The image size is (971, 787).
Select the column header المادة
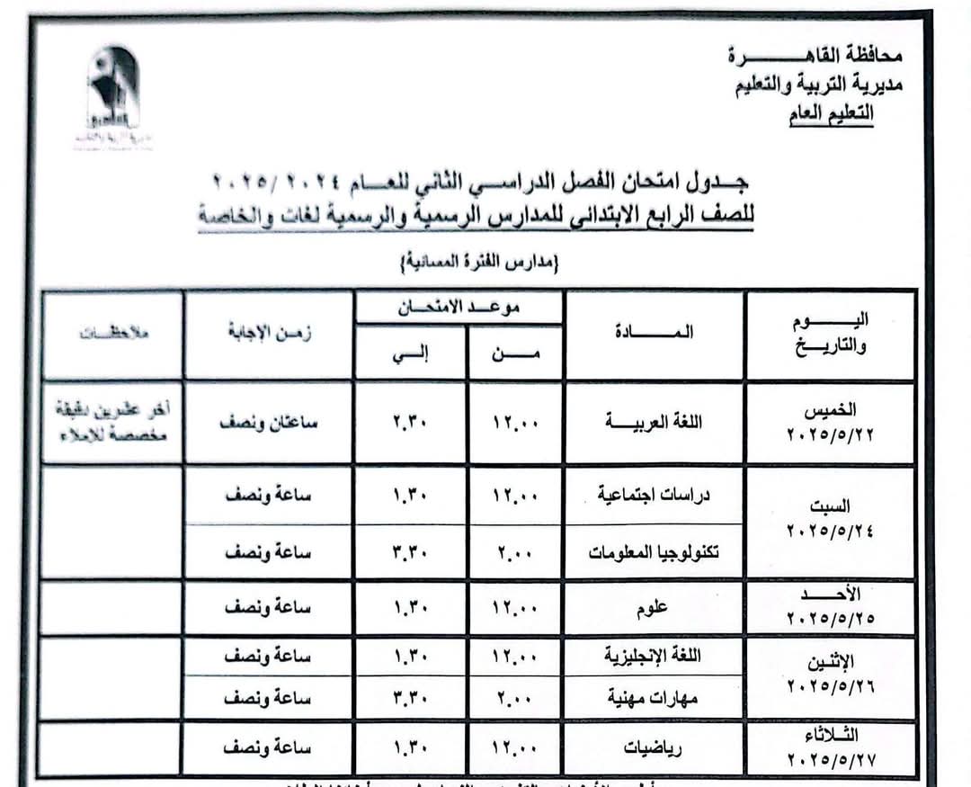(654, 333)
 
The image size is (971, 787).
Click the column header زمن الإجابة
(269, 333)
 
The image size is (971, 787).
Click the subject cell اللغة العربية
(654, 421)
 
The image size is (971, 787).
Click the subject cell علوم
(654, 608)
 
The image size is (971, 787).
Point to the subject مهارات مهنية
(660, 698)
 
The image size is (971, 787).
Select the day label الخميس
(830, 410)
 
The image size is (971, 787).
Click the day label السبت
(830, 506)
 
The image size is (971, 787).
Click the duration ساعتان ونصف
(268, 421)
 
